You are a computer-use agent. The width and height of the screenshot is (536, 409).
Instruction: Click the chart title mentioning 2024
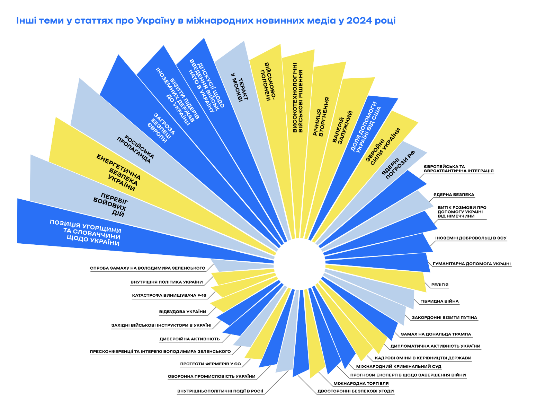click(x=206, y=21)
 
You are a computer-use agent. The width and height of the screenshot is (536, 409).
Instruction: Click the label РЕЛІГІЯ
click(x=440, y=285)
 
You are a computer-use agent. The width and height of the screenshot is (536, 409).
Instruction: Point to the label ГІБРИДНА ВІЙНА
click(x=439, y=302)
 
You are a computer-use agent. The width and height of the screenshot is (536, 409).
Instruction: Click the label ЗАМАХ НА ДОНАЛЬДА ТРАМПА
click(x=436, y=334)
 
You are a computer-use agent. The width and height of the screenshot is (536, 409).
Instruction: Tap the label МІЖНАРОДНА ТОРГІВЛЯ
click(x=361, y=384)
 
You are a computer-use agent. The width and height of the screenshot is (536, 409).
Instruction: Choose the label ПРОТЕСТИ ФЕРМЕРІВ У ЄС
click(x=210, y=364)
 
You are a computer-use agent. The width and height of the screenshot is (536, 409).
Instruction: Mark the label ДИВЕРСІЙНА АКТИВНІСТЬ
click(x=190, y=339)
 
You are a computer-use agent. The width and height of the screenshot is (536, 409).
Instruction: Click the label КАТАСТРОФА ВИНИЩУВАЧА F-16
click(x=169, y=296)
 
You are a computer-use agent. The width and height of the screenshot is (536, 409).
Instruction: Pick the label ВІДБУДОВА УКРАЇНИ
click(x=183, y=312)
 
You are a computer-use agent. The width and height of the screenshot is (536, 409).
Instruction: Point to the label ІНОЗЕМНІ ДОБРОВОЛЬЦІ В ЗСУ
click(x=471, y=238)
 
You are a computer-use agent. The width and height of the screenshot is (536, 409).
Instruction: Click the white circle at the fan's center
click(x=301, y=264)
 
